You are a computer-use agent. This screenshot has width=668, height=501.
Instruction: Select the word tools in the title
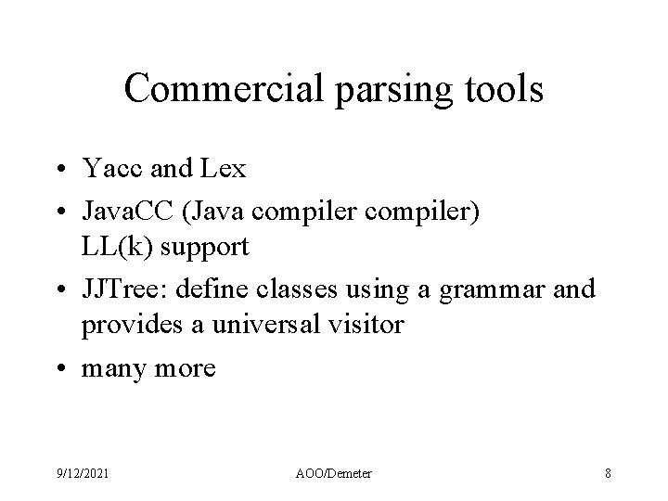(499, 88)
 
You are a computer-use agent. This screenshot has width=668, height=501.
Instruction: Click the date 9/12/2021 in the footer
(83, 473)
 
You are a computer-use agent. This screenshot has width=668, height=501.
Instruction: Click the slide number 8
(607, 473)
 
